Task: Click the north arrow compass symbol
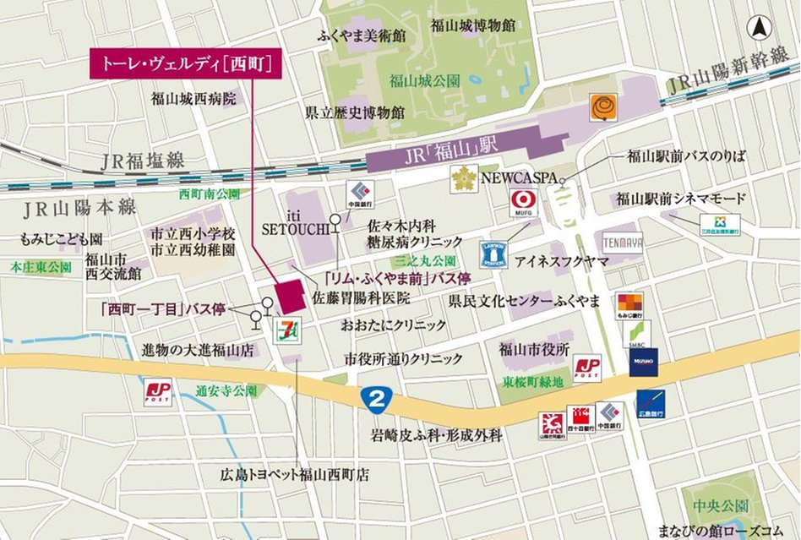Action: pyautogui.click(x=761, y=26)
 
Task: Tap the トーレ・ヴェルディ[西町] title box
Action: pyautogui.click(x=186, y=64)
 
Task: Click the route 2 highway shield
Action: pyautogui.click(x=373, y=397)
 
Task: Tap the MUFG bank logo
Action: pyautogui.click(x=523, y=203)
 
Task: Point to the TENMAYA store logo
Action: pyautogui.click(x=624, y=243)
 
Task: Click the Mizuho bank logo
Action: pyautogui.click(x=643, y=363)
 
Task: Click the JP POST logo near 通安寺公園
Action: pyautogui.click(x=158, y=391)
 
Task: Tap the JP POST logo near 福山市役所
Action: pyautogui.click(x=586, y=367)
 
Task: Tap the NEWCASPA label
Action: pyautogui.click(x=516, y=178)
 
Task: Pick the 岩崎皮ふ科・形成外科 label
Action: pyautogui.click(x=437, y=436)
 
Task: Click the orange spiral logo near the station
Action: pyautogui.click(x=603, y=107)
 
